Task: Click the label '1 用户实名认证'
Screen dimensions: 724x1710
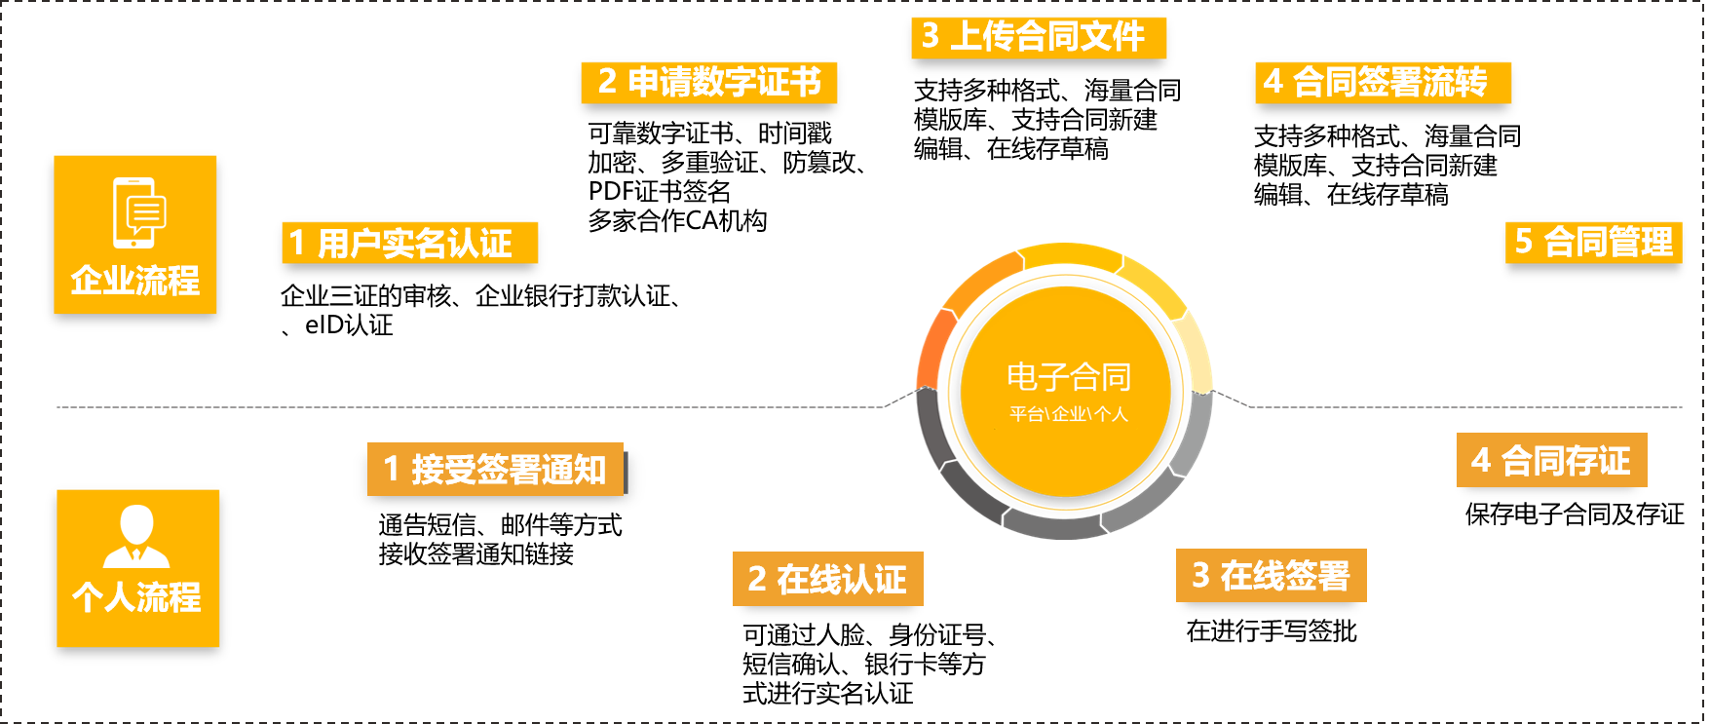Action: [409, 243]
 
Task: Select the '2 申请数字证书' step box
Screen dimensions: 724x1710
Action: [708, 82]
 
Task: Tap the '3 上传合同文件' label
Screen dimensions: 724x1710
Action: [1038, 37]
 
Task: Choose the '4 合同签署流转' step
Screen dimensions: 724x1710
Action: [1382, 82]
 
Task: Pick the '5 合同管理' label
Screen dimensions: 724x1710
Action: [1593, 242]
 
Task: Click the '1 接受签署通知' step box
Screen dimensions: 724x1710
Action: [495, 469]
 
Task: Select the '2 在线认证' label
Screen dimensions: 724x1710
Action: [827, 579]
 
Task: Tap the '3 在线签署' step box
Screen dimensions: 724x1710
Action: [1271, 575]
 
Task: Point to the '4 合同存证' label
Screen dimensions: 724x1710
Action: [1551, 460]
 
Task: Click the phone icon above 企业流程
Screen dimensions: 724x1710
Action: [136, 212]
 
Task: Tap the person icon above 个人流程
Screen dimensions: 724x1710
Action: [136, 536]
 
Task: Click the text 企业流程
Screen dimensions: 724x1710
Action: [135, 281]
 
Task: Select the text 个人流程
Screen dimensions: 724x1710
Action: [137, 596]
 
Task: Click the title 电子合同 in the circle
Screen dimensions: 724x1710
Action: [1068, 376]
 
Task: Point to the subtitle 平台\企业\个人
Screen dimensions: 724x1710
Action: [1068, 414]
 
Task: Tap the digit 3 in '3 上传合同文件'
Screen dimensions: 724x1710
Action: [931, 36]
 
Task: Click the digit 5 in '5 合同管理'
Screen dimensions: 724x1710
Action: [1524, 241]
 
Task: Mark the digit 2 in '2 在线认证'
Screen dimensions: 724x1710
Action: [757, 579]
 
